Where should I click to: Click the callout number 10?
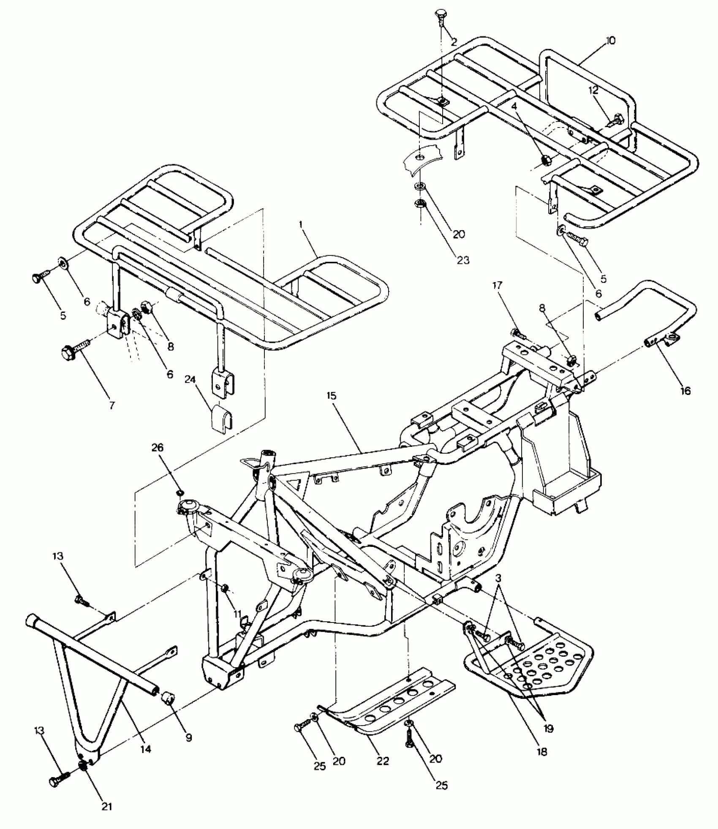[610, 41]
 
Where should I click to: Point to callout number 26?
[157, 448]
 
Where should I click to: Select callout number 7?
[112, 405]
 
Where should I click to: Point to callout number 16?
[685, 391]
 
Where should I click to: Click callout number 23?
[463, 260]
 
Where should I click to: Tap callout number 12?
[593, 90]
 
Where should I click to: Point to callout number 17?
[497, 285]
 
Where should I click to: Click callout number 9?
[189, 737]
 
